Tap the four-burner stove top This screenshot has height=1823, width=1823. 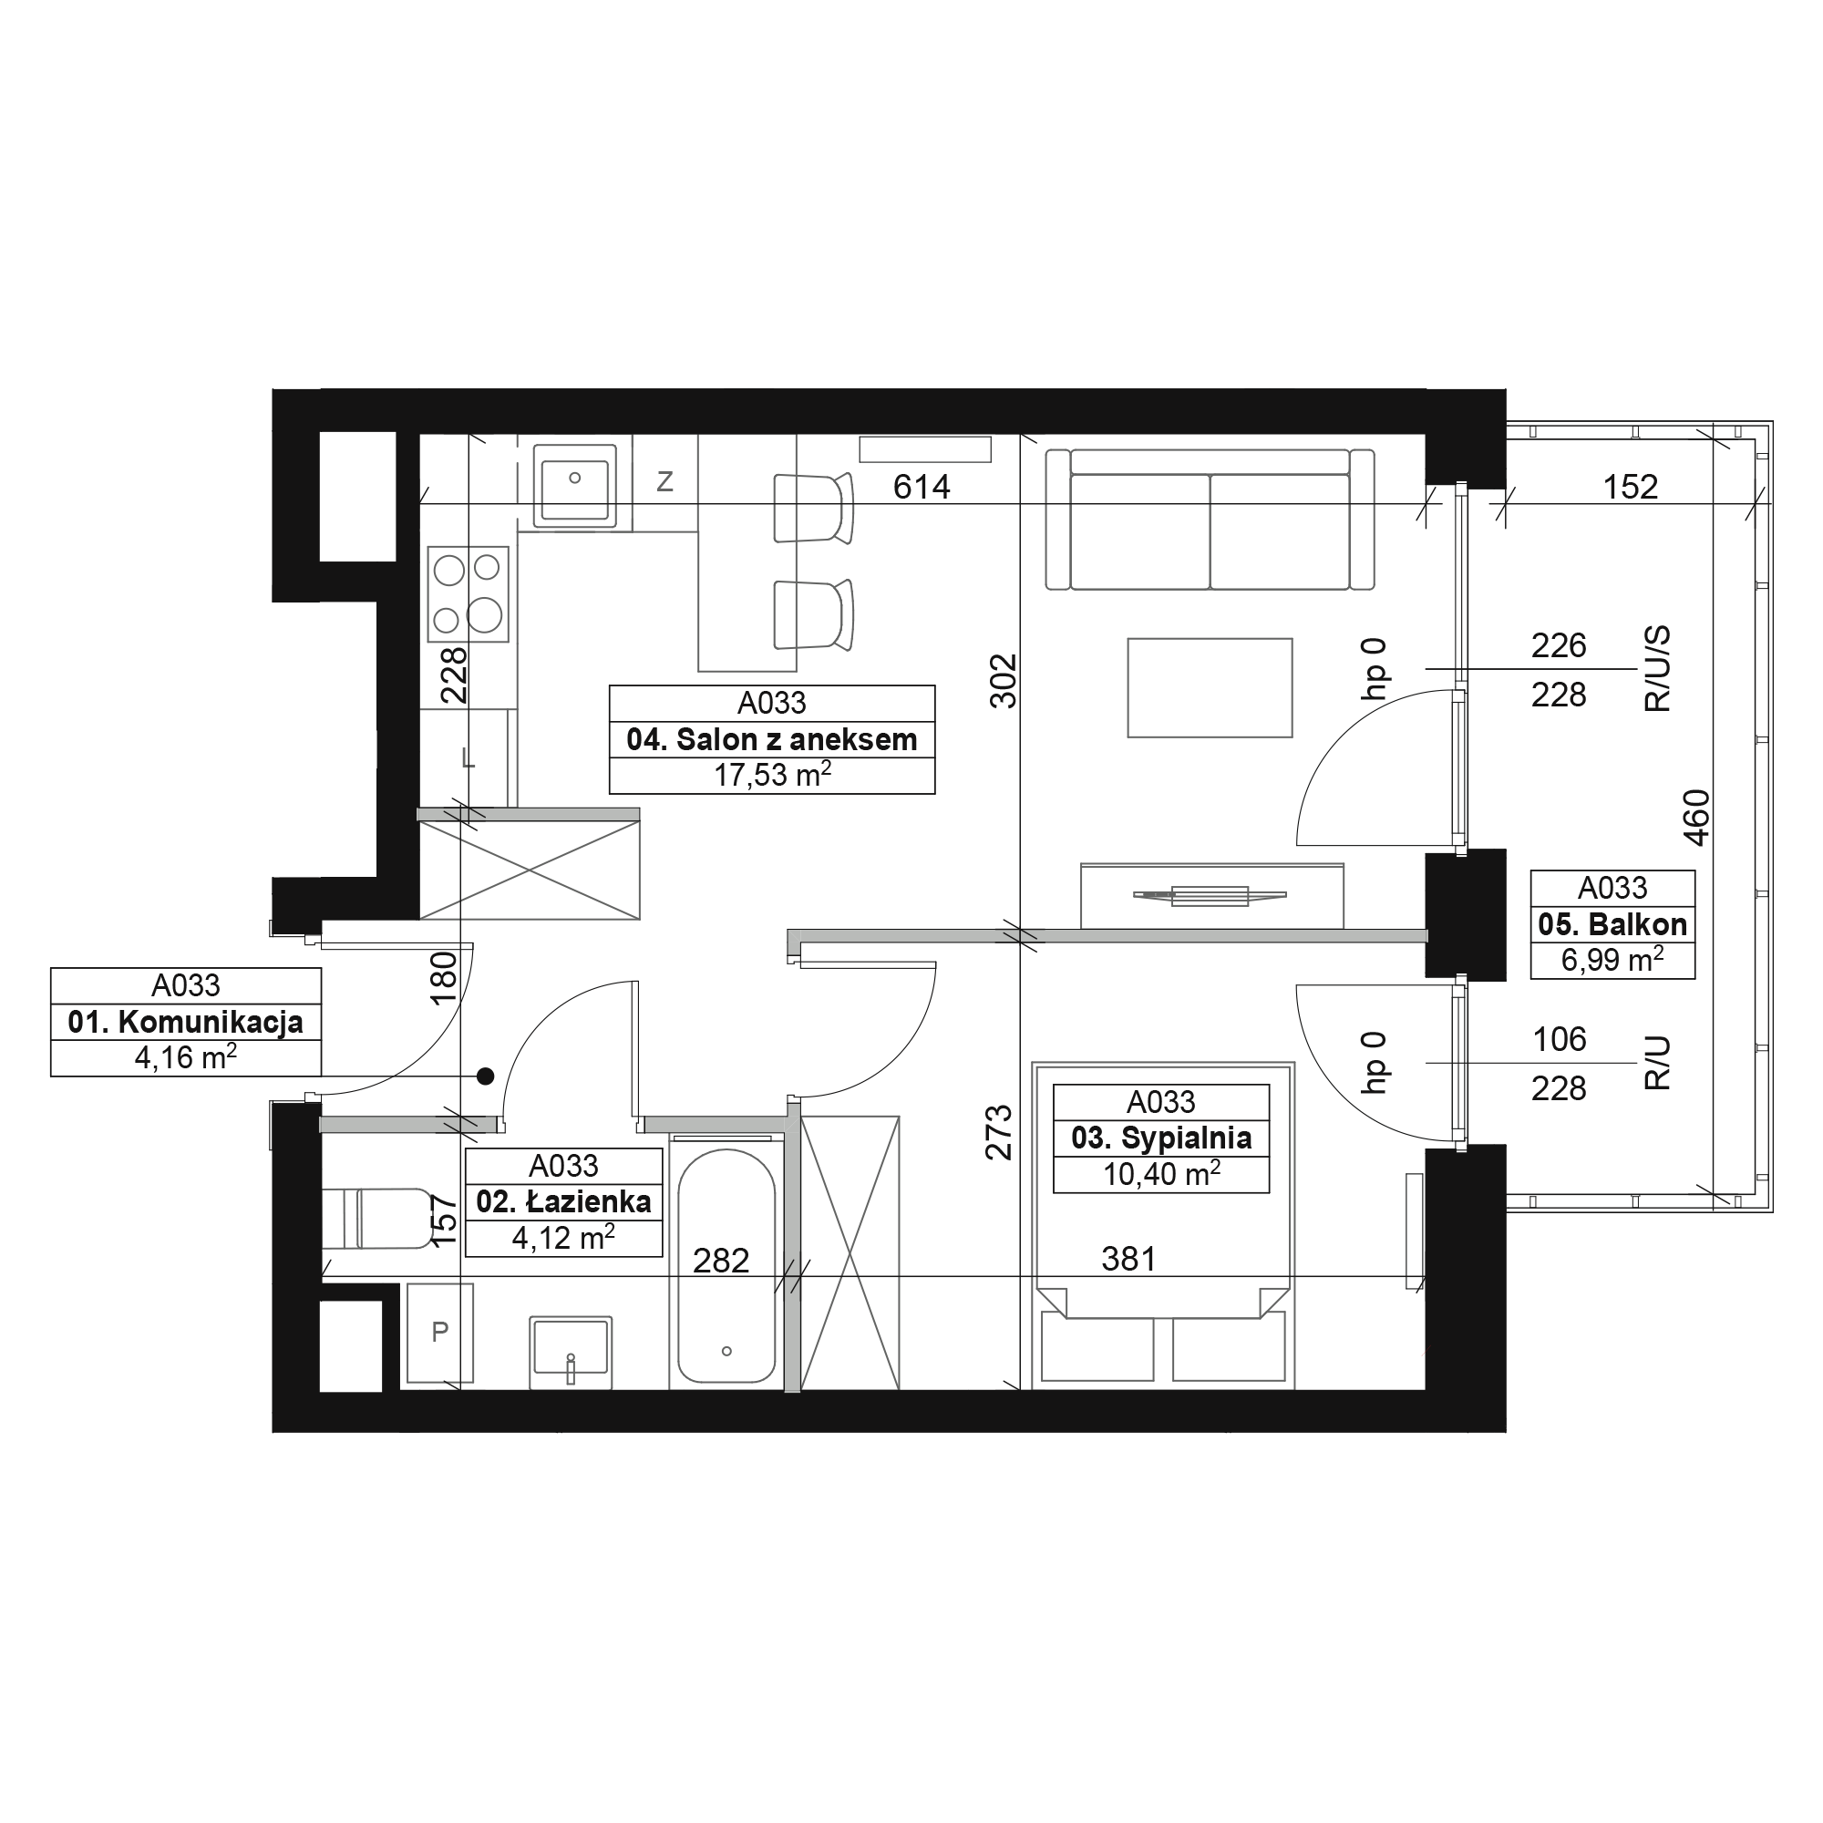click(x=468, y=594)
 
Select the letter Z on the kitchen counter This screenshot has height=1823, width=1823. click(x=665, y=482)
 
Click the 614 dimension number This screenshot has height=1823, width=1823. click(x=922, y=487)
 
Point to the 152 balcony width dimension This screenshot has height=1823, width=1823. click(x=1631, y=487)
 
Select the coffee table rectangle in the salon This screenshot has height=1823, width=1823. click(x=1210, y=688)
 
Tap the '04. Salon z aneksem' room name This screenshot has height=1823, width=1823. click(x=772, y=740)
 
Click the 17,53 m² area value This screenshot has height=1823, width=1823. click(x=772, y=776)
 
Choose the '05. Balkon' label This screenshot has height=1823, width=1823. click(x=1612, y=924)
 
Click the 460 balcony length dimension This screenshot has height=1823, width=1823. click(x=1695, y=817)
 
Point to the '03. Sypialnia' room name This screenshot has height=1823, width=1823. click(x=1161, y=1138)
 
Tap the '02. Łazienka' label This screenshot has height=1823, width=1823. click(x=564, y=1202)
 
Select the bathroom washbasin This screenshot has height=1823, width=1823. click(x=571, y=1352)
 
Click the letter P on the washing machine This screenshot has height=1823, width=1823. click(x=439, y=1333)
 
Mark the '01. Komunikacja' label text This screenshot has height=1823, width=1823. click(x=186, y=1022)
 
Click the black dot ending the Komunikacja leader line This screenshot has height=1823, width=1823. click(x=485, y=1076)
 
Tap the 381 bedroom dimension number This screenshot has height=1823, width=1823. click(x=1128, y=1259)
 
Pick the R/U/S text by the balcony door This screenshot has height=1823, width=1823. click(x=1657, y=668)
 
